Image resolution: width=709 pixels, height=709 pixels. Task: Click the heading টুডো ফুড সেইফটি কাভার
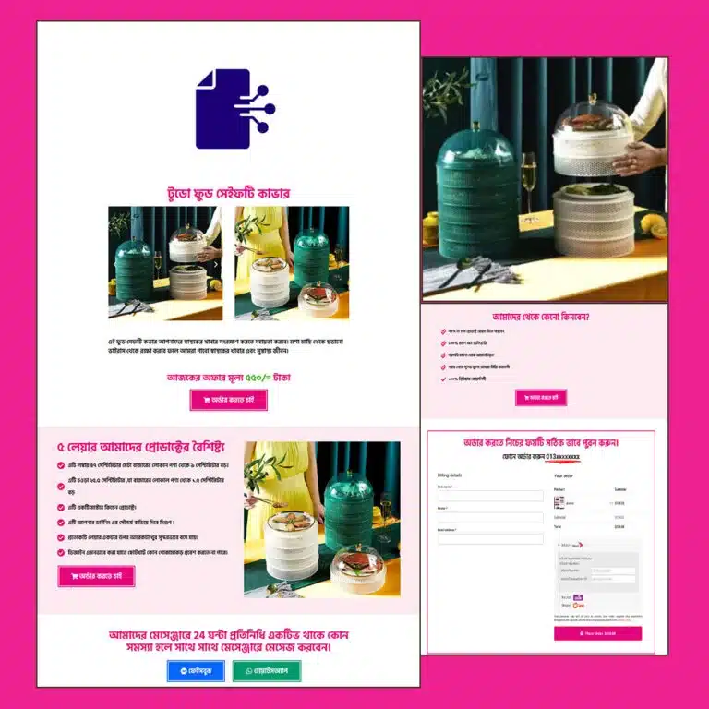coord(228,194)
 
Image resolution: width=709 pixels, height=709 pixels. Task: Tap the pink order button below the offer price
coord(228,400)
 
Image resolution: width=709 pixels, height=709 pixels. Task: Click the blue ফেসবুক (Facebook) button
coord(196,671)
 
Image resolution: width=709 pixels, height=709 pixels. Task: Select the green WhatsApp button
coord(267,671)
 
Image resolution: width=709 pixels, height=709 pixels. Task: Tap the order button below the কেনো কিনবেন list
coord(541,398)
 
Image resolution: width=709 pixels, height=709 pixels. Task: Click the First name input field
coord(490,496)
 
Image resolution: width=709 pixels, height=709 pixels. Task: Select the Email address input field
coord(490,538)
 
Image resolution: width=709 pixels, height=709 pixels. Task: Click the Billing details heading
coord(450,475)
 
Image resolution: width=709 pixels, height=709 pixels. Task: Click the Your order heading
coord(564,475)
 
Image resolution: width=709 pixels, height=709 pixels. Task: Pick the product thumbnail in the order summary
coord(559,502)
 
